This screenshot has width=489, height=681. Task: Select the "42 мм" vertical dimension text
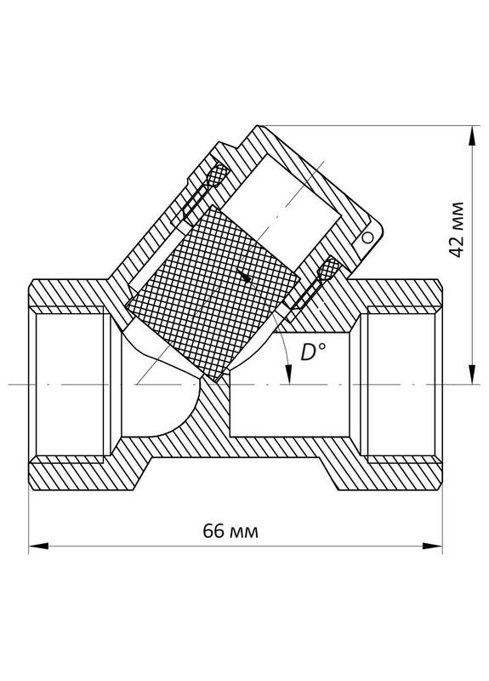pyautogui.click(x=457, y=230)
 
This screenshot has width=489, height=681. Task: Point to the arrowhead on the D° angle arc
pyautogui.click(x=291, y=379)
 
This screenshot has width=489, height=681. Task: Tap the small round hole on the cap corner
pyautogui.click(x=367, y=239)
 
